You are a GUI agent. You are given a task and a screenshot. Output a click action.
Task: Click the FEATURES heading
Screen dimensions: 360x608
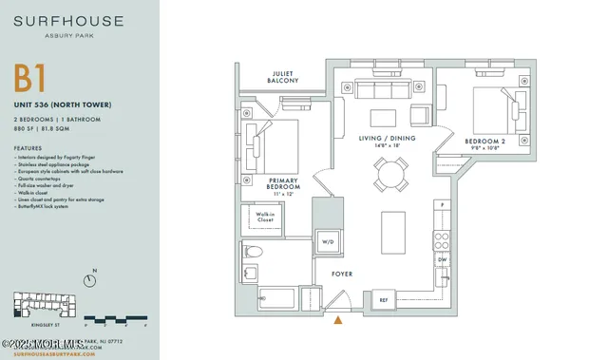[x=28, y=149]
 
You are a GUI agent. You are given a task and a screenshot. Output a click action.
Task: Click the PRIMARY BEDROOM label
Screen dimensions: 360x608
[x=286, y=183]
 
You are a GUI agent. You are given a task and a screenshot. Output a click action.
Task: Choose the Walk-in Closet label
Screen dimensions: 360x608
[x=265, y=218]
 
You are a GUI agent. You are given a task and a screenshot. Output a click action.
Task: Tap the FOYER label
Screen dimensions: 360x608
[x=342, y=275]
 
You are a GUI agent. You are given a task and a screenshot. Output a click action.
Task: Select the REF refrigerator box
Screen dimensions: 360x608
[x=383, y=299]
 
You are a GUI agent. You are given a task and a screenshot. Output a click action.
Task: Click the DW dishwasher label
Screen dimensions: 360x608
[x=442, y=258]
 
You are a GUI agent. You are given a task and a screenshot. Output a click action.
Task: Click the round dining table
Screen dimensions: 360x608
[x=388, y=175]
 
